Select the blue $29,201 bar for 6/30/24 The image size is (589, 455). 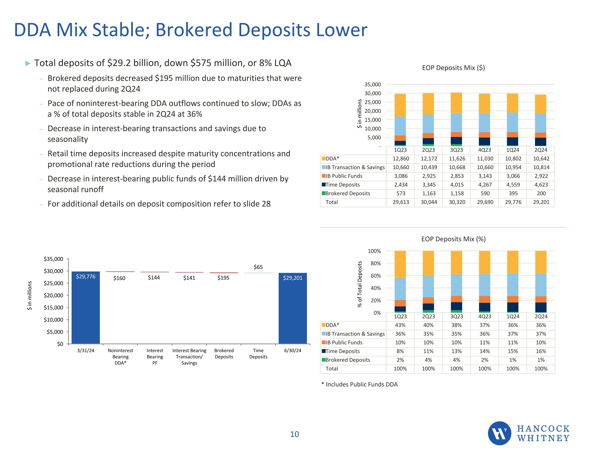293,308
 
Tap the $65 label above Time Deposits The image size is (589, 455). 258,267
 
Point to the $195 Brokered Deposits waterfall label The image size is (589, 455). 223,278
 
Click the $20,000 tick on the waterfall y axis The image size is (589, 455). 53,295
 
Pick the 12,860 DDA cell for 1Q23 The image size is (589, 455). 401,159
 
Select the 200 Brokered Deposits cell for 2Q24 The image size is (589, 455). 541,193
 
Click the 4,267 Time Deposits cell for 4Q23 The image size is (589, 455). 485,185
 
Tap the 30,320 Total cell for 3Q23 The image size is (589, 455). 457,202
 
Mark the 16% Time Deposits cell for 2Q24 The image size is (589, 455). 541,351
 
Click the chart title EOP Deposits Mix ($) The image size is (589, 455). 453,68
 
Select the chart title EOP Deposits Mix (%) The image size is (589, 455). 453,239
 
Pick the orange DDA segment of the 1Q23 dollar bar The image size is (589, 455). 400,105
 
